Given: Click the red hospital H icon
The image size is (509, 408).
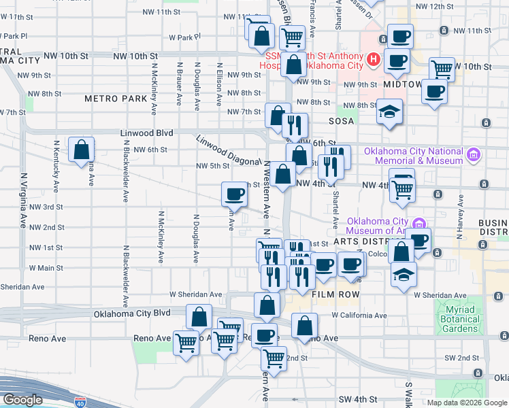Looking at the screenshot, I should (373, 60).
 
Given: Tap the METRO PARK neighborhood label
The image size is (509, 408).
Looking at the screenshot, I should (116, 99).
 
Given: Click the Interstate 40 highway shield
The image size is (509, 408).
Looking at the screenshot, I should (80, 402).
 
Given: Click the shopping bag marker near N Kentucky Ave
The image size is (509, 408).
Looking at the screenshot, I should (81, 150).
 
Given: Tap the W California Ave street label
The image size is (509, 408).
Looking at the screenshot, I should (359, 316).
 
